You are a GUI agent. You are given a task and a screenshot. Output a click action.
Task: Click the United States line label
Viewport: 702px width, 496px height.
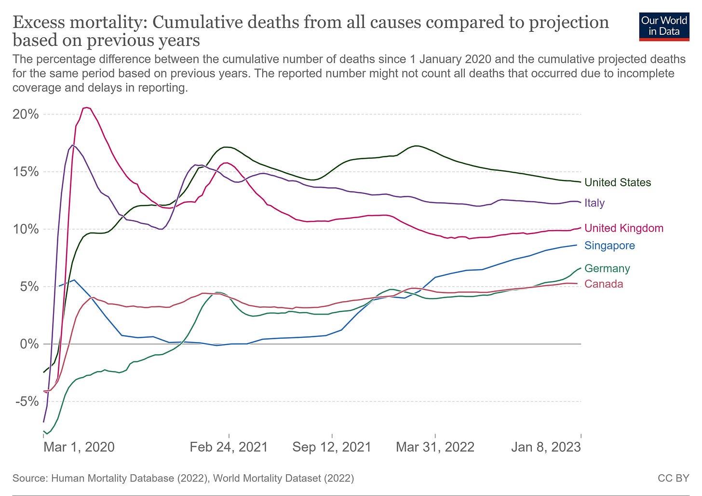pyautogui.click(x=618, y=182)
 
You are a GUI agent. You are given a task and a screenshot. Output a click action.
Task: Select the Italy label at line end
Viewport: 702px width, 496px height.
pyautogui.click(x=594, y=203)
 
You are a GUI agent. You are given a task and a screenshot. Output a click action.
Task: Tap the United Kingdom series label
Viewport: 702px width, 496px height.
pyautogui.click(x=624, y=228)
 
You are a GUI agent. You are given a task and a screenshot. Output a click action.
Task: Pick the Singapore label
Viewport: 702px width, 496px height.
pyautogui.click(x=609, y=245)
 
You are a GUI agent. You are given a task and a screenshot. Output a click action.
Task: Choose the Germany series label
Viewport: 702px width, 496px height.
pyautogui.click(x=607, y=268)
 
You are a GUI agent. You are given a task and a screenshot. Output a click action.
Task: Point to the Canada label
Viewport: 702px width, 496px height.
pyautogui.click(x=604, y=284)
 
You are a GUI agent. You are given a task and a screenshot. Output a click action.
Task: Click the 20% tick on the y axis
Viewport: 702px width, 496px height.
pyautogui.click(x=26, y=114)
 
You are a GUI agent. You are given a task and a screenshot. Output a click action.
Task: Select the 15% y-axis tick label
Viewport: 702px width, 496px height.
pyautogui.click(x=26, y=172)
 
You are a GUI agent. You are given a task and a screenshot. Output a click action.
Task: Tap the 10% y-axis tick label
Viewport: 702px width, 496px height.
pyautogui.click(x=26, y=229)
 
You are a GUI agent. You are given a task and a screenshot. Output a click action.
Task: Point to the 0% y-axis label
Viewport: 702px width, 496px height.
pyautogui.click(x=29, y=344)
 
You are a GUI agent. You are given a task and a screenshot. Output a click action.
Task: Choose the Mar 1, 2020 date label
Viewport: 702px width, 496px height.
pyautogui.click(x=79, y=447)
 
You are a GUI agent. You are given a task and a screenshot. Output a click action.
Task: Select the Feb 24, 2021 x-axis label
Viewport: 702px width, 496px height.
pyautogui.click(x=229, y=447)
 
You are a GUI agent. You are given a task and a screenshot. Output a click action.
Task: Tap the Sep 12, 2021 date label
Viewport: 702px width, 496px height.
pyautogui.click(x=332, y=447)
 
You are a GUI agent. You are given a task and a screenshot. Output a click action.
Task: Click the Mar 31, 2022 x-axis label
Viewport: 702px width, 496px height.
pyautogui.click(x=435, y=447)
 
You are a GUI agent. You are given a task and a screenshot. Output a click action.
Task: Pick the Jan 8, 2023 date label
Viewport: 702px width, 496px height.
pyautogui.click(x=546, y=447)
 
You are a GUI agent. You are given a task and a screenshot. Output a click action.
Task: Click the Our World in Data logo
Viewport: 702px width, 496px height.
pyautogui.click(x=663, y=26)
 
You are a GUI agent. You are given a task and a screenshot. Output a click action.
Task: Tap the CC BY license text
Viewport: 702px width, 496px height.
pyautogui.click(x=674, y=478)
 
